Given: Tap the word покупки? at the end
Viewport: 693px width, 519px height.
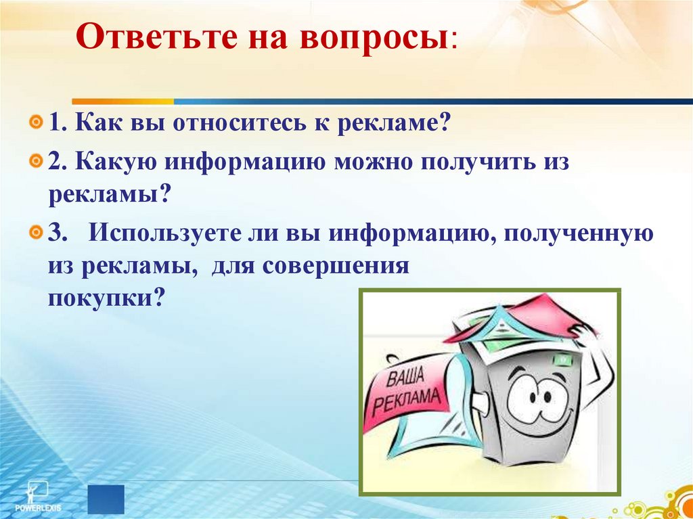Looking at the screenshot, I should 106,298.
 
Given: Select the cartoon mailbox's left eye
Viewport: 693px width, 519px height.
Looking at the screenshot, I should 525,399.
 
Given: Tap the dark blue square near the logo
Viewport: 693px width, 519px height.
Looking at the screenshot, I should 106,499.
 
